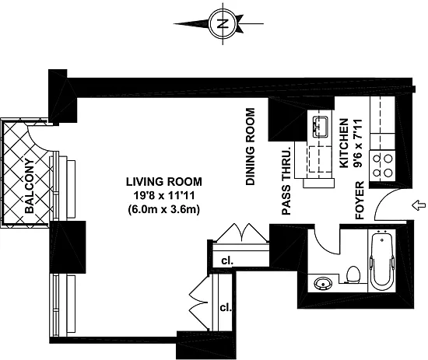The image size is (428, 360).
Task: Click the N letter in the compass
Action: coord(223,24)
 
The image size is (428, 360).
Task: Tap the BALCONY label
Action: coord(30,186)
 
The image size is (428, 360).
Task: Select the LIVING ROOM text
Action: coord(163,182)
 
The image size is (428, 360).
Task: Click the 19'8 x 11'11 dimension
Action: coord(163,195)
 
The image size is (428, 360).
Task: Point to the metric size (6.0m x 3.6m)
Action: coord(163,209)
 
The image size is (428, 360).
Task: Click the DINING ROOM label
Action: coord(251,147)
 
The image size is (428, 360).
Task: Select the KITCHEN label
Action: coord(344,143)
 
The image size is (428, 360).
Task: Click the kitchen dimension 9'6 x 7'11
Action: coord(357,143)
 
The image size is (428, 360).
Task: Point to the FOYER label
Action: coord(360,201)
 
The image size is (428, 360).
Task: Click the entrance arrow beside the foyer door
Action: coord(419,205)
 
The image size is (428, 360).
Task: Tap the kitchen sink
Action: coord(321,126)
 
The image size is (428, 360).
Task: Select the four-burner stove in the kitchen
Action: coord(382,166)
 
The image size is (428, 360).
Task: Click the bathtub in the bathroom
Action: coord(381,261)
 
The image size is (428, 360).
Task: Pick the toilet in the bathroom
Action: coord(353,274)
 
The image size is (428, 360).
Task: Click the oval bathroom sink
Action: coord(323,283)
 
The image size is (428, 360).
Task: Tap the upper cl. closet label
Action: coord(227,261)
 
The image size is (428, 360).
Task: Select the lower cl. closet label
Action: coord(226,308)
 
